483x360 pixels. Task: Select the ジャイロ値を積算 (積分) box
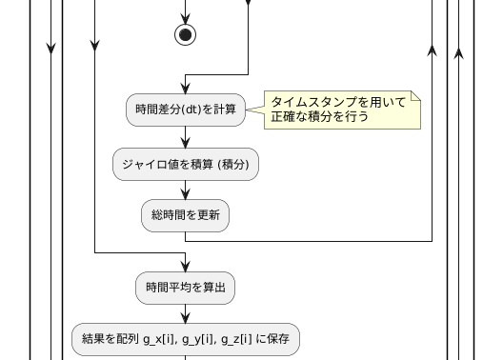coord(186,164)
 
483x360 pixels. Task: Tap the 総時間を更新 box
coord(186,216)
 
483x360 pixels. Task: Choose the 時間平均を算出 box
coord(186,287)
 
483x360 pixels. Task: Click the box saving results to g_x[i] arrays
coord(186,338)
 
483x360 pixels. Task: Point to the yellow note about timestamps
coord(338,110)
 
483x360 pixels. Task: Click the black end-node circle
coord(186,35)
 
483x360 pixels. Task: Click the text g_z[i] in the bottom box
coord(236,338)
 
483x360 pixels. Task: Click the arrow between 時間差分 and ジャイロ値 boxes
coord(186,136)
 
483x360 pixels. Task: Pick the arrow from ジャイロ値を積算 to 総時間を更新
coord(186,190)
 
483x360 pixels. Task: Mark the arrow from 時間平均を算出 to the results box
coord(186,313)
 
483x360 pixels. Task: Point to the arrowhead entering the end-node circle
coord(186,19)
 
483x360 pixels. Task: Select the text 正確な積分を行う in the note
coord(319,118)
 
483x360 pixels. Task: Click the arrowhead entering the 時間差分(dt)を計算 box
coord(186,90)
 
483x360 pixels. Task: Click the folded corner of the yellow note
coord(414,97)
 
